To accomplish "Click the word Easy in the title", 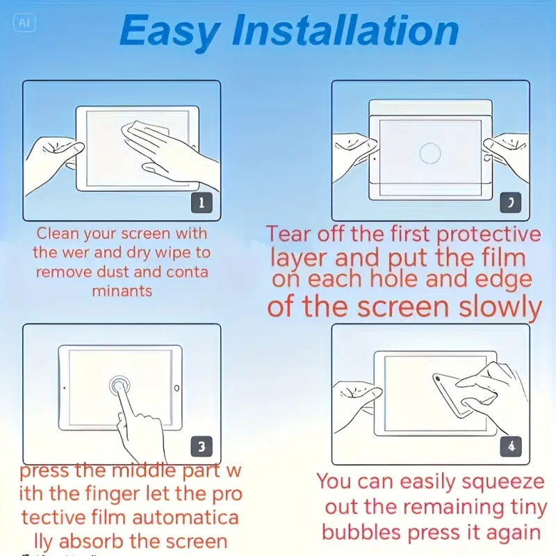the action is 170,32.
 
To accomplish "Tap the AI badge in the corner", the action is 24,23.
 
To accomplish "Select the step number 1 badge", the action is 202,203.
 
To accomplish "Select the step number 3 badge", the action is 202,446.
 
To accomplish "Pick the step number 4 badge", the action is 511,446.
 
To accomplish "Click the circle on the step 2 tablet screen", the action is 430,153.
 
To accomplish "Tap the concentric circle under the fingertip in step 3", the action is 120,386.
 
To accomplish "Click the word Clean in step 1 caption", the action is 58,234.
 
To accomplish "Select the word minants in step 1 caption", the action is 122,291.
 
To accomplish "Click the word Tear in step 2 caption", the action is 288,234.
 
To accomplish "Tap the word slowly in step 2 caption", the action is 500,307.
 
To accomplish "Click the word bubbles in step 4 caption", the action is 361,532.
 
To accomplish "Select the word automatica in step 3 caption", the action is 185,517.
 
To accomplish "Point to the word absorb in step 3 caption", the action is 92,541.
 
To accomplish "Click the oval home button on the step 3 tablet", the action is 177,388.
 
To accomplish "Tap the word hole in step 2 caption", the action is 394,279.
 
